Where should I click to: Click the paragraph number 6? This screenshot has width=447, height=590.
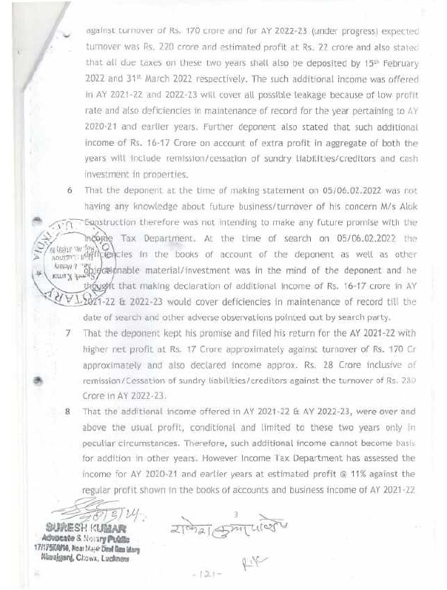pos(69,190)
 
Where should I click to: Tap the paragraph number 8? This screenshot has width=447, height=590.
pos(69,409)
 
